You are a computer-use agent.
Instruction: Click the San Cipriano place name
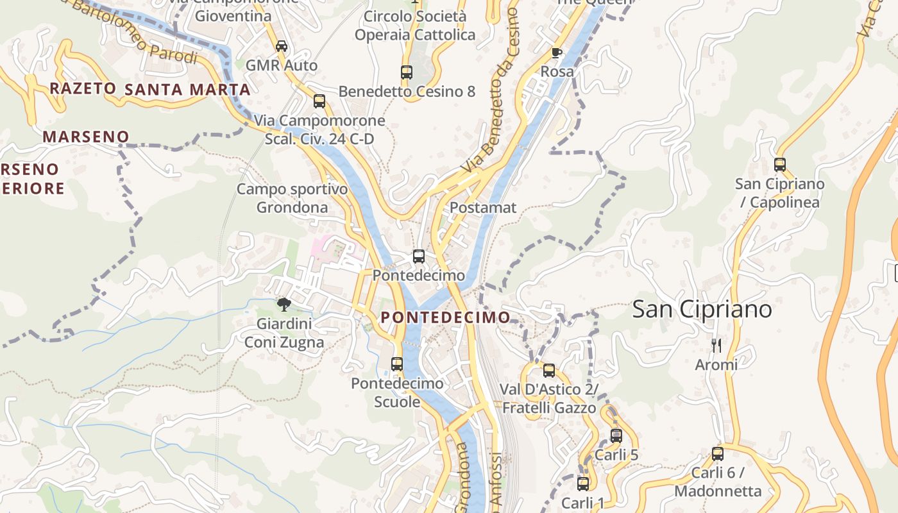[702, 309]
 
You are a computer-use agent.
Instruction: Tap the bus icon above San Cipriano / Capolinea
[780, 165]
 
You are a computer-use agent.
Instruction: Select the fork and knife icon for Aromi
[716, 346]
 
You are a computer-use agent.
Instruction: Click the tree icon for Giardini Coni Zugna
[284, 305]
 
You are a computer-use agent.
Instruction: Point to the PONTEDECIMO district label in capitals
[446, 317]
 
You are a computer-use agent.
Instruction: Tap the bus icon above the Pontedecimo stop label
[419, 256]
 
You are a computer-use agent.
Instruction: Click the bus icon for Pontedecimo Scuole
[397, 364]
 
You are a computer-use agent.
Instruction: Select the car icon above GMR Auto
[281, 46]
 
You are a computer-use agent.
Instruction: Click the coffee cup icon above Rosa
[557, 53]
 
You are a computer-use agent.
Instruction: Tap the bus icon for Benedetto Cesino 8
[407, 72]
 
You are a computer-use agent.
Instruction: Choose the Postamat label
[483, 208]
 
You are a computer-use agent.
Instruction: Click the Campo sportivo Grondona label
[292, 198]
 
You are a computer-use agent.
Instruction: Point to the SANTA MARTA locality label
[187, 89]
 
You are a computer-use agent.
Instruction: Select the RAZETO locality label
[83, 88]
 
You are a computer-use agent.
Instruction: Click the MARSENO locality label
[86, 137]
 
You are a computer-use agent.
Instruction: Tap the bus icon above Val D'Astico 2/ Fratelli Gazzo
[549, 370]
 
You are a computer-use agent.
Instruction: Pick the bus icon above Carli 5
[616, 436]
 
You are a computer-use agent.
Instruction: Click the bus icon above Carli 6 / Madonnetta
[718, 454]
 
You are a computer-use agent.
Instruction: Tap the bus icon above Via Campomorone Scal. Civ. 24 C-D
[319, 101]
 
